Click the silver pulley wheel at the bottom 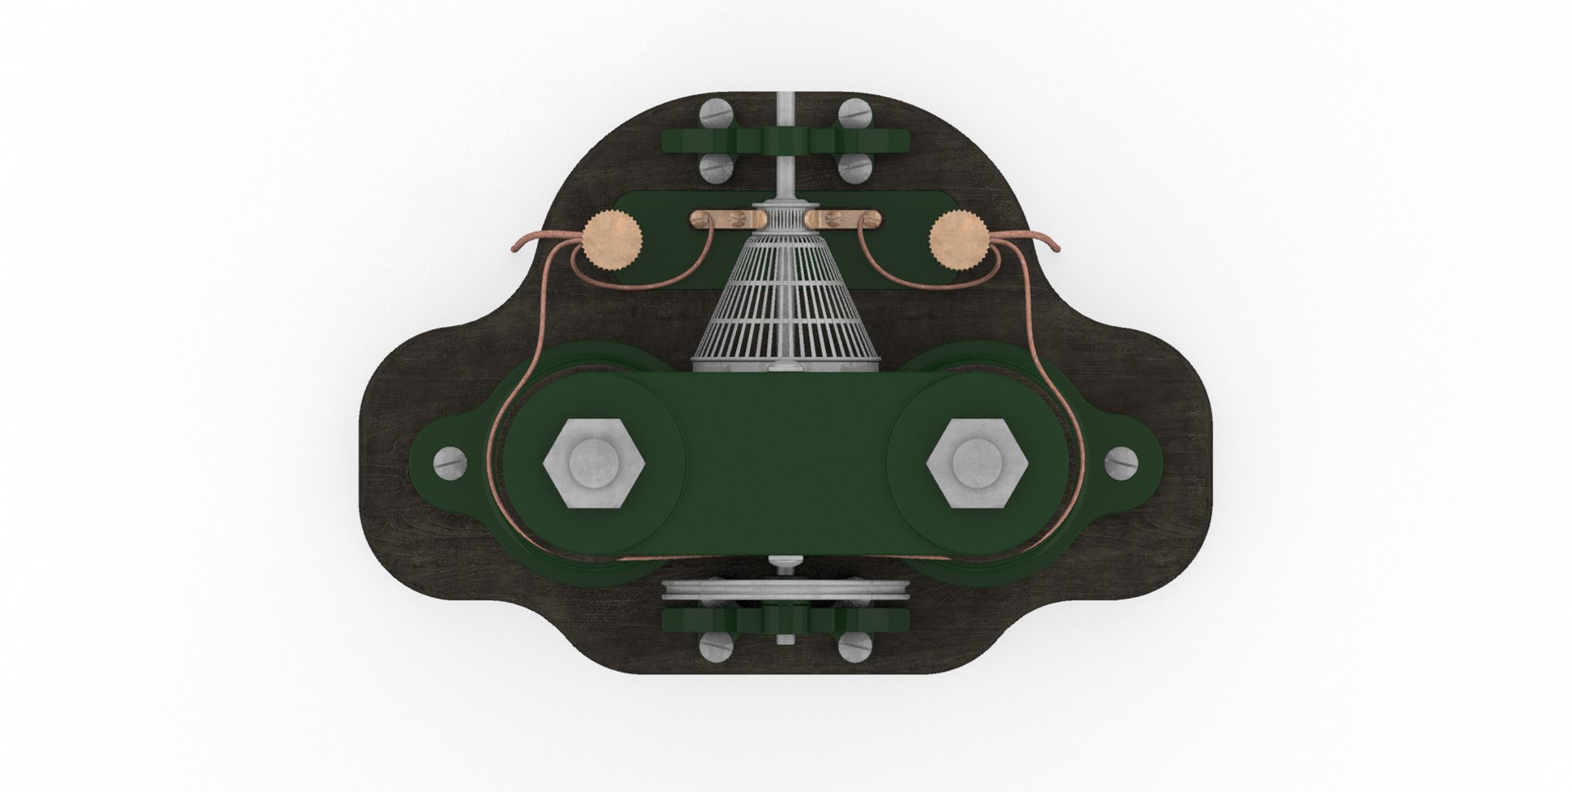[786, 591]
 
